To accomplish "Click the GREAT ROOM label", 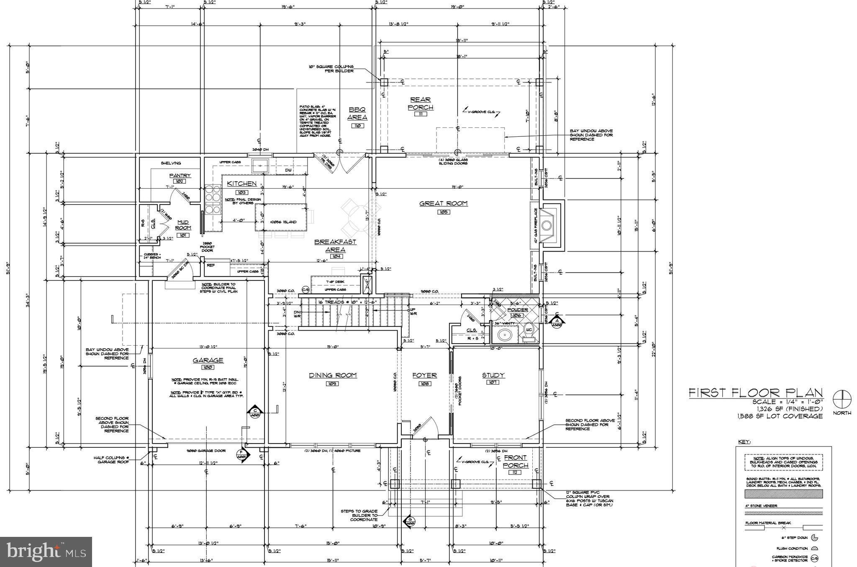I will tap(444, 204).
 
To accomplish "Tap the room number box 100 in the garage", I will tap(208, 367).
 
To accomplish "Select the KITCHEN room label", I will tap(242, 184).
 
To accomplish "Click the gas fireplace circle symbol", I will tap(547, 226).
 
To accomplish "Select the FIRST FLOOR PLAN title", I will tap(755, 393).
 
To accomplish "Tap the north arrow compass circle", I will tap(842, 399).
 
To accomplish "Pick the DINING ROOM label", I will tap(333, 375).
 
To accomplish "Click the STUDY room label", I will tap(493, 375).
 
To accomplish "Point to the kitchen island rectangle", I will tap(281, 217).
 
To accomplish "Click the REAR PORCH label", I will tap(420, 103).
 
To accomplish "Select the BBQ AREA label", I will tap(357, 113).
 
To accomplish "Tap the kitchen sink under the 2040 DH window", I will tap(261, 166).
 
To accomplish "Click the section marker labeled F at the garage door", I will tap(241, 454).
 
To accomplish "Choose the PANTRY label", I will tap(180, 175).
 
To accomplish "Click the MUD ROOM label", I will tap(183, 225).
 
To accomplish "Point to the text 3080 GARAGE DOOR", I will tap(206, 451).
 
